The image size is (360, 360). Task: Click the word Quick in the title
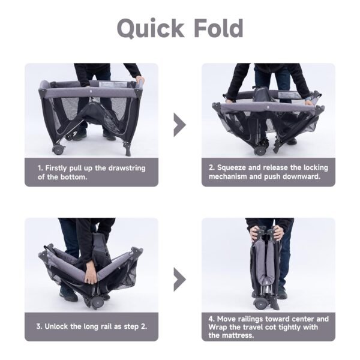151,29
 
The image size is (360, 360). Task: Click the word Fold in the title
218,28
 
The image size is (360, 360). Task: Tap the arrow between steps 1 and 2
179,125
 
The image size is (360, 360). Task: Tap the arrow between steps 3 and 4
179,280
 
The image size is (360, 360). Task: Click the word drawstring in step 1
127,168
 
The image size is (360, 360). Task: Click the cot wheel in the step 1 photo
58,150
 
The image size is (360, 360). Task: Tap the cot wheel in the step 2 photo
260,151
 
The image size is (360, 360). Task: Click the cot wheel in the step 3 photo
97,303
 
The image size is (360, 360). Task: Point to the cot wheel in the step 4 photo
260,304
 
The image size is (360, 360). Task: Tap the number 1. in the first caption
40,168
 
